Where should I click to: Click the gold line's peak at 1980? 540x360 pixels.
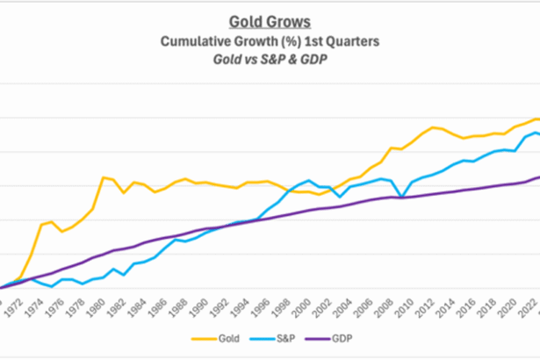[x=104, y=177]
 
